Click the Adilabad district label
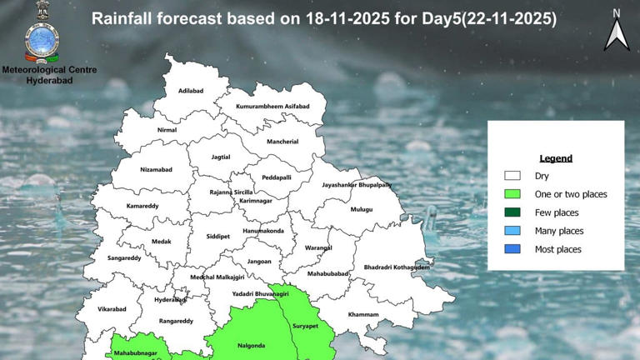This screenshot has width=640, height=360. pyautogui.click(x=192, y=92)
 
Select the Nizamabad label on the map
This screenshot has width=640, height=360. pyautogui.click(x=156, y=169)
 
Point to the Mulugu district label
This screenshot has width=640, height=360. pyautogui.click(x=361, y=209)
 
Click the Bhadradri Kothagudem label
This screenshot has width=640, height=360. pyautogui.click(x=397, y=267)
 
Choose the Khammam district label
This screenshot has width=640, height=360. pyautogui.click(x=363, y=314)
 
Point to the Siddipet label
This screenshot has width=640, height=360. pyautogui.click(x=217, y=236)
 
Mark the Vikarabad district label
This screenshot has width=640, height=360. pyautogui.click(x=112, y=308)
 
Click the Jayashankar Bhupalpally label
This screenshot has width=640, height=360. pyautogui.click(x=357, y=184)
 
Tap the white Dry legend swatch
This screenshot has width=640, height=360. pyautogui.click(x=512, y=176)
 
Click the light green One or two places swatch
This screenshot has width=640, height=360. pyautogui.click(x=512, y=194)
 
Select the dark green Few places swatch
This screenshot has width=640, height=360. pyautogui.click(x=512, y=212)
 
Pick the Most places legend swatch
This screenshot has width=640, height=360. pyautogui.click(x=512, y=249)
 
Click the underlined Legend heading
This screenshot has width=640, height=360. pyautogui.click(x=556, y=158)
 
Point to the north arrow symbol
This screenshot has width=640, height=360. pyautogui.click(x=617, y=33)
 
